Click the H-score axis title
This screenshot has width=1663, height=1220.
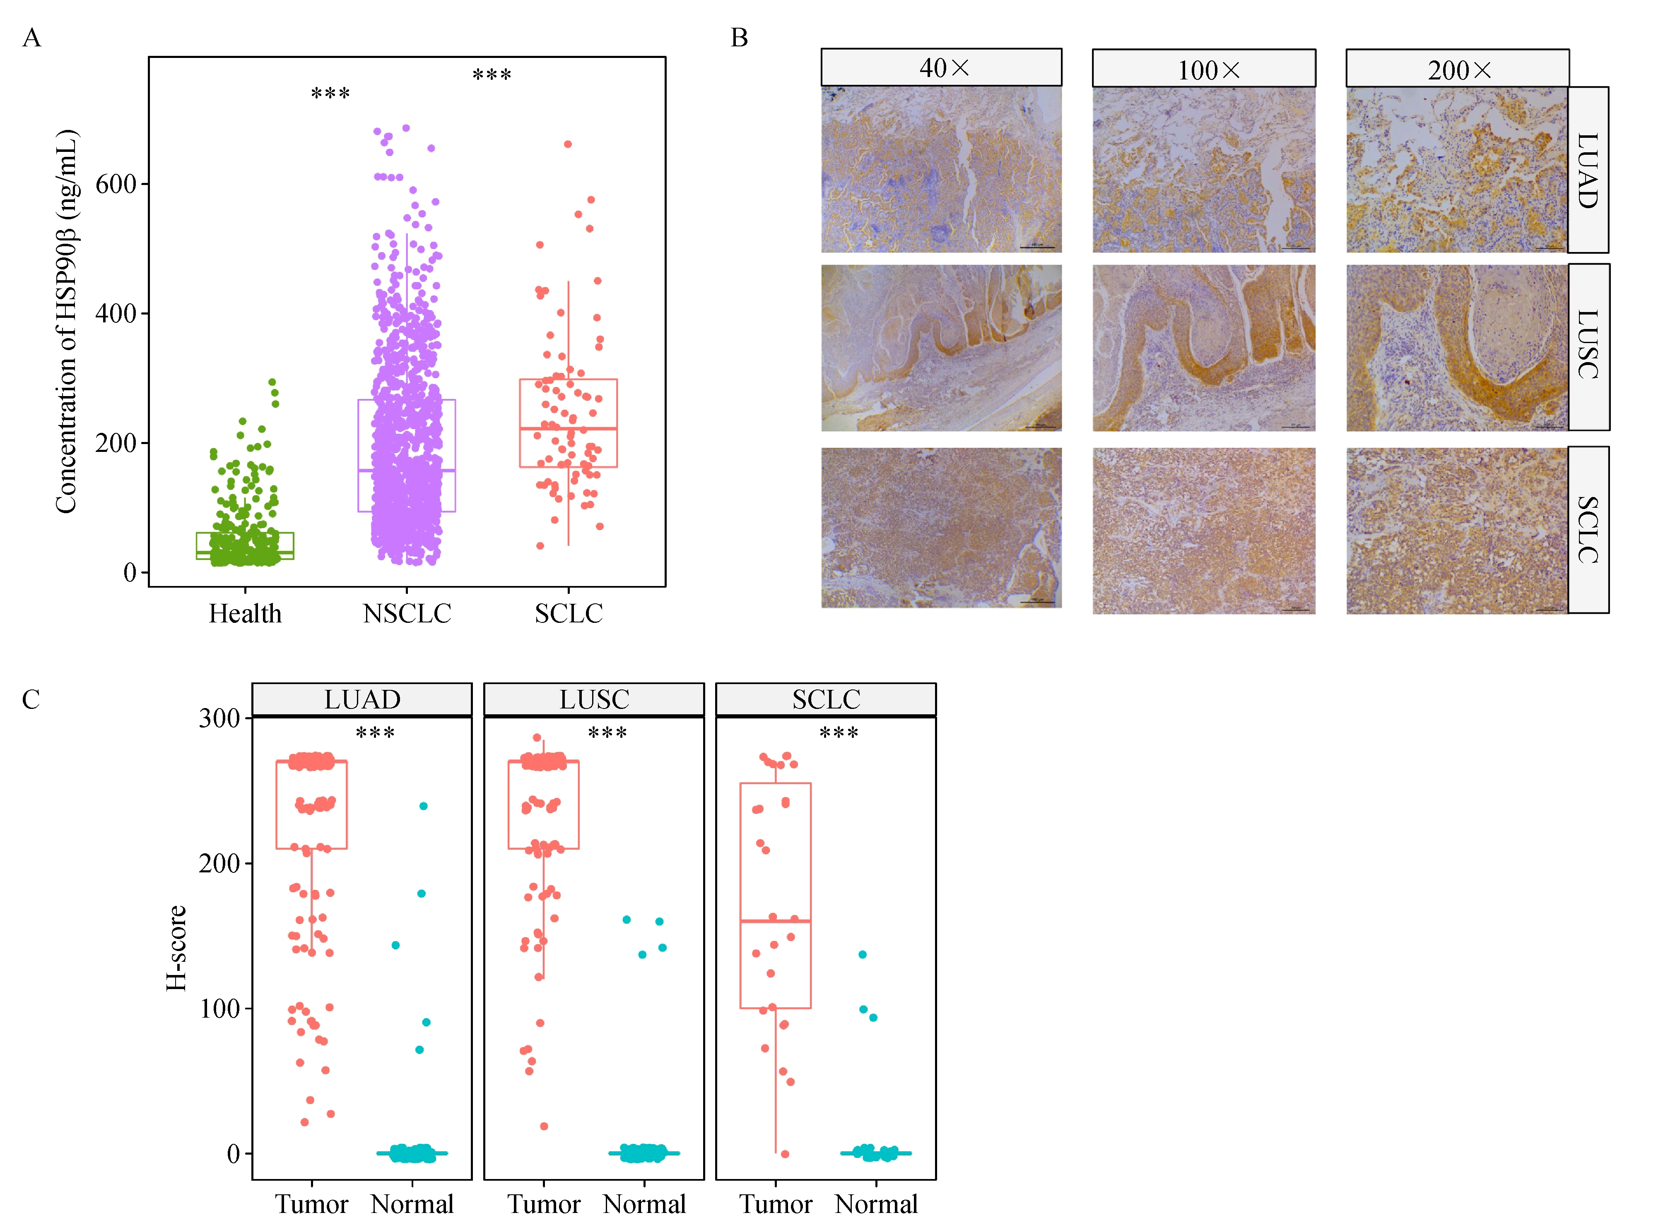point(176,948)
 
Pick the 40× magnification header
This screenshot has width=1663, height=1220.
point(941,68)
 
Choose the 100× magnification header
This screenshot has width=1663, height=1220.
point(1203,70)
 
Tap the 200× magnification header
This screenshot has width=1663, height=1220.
point(1457,70)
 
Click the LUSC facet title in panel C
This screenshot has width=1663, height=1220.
point(594,699)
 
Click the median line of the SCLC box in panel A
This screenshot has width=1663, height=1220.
point(568,428)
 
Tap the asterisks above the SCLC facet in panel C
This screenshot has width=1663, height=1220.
point(839,733)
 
